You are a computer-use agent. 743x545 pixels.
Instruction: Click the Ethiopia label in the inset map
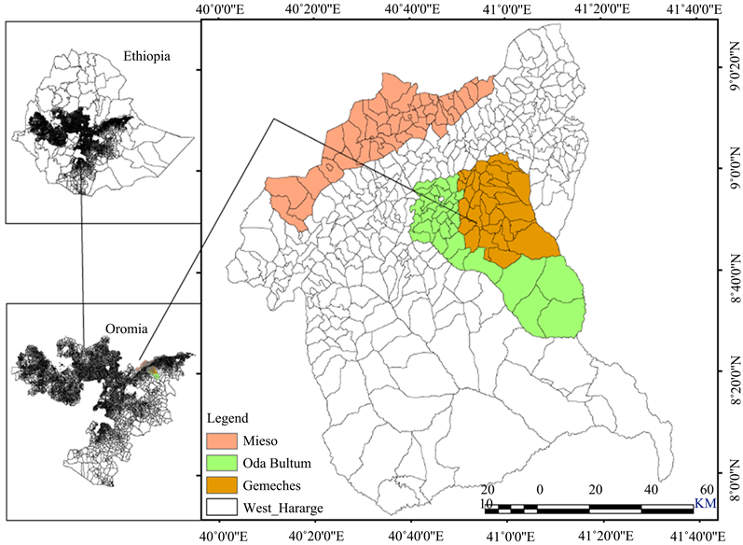pos(149,58)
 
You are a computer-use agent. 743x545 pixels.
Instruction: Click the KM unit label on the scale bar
pos(705,503)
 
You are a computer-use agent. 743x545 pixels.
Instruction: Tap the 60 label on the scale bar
pos(706,490)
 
